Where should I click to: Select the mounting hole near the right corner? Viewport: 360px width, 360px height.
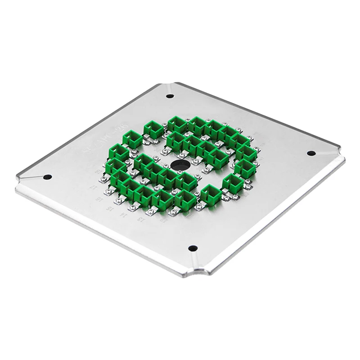point(311,153)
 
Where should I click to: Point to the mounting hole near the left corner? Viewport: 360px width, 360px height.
point(48,177)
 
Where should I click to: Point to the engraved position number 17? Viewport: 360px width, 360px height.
point(93,187)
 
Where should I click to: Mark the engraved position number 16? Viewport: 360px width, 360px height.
point(100,199)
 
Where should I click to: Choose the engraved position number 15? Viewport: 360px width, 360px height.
point(109,209)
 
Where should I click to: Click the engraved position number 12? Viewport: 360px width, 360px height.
point(165,220)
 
